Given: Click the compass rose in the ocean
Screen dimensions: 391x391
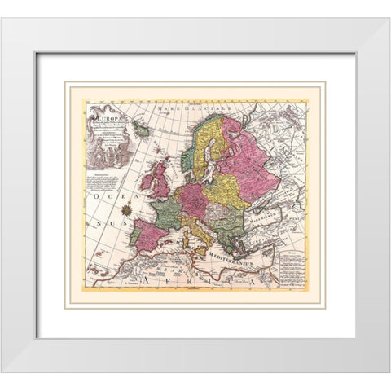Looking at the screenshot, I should click(126, 210).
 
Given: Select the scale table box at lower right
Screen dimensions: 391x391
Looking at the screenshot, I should click(289, 269).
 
